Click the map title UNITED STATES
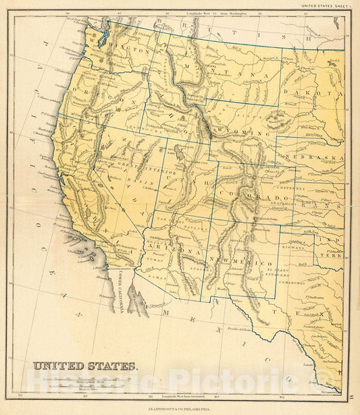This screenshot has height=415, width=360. [x=85, y=367]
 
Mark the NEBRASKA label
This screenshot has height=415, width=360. [x=320, y=159]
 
